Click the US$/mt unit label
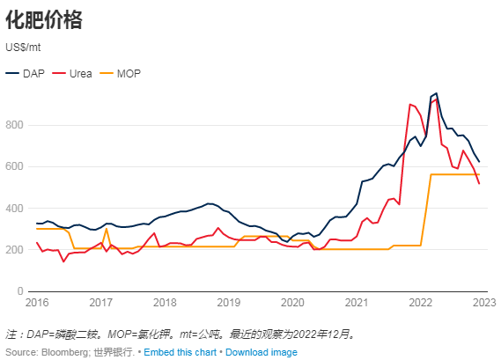click(24, 48)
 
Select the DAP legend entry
click(27, 73)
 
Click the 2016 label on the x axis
click(37, 304)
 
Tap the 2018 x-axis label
click(165, 304)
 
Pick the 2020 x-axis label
click(292, 304)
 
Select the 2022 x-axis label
click(420, 304)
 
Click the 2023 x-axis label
click(483, 304)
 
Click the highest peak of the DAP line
click(436, 93)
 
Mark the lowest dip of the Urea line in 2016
click(63, 261)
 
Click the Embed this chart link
click(181, 352)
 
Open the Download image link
click(262, 352)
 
